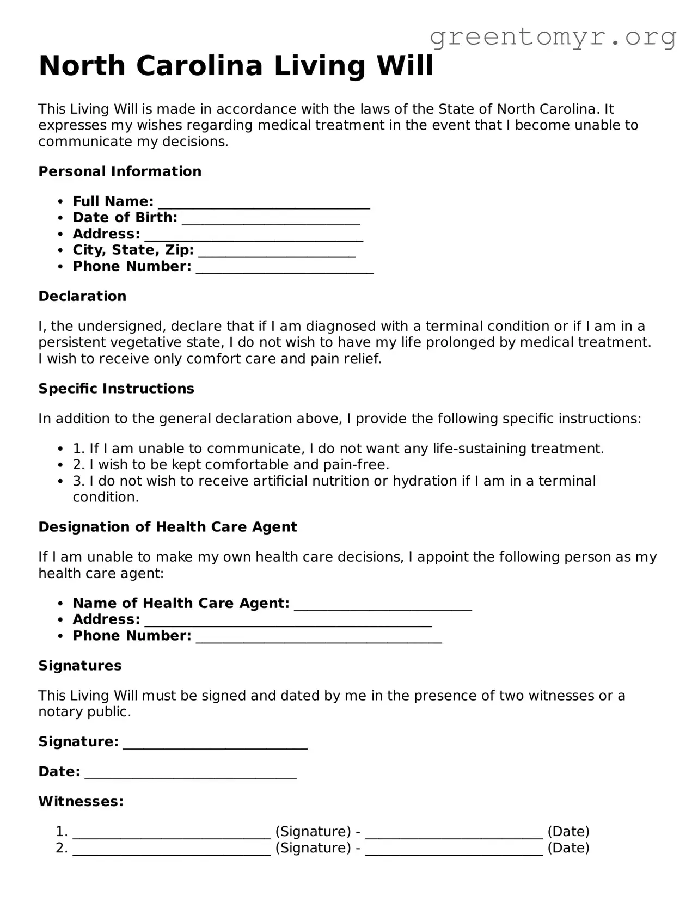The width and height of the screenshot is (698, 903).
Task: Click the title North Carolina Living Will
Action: click(236, 66)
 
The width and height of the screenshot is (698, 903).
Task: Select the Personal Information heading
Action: click(120, 171)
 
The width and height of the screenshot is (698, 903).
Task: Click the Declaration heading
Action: click(82, 296)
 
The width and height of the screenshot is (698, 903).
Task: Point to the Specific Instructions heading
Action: click(116, 389)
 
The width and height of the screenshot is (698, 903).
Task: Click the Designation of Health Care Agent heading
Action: click(168, 527)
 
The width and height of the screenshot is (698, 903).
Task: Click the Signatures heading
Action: click(80, 666)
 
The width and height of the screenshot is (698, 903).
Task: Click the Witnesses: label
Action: click(81, 802)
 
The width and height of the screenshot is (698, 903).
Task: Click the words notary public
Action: click(84, 712)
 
